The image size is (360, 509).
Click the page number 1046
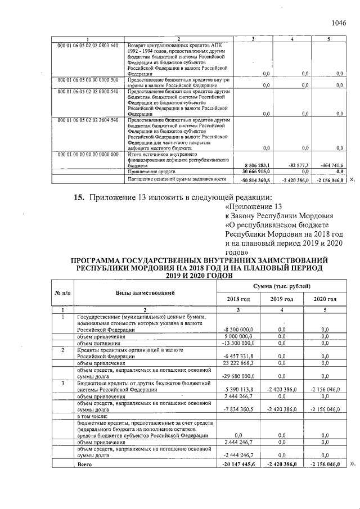click(339, 23)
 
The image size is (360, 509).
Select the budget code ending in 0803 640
click(88, 44)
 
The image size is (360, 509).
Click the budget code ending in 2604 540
click(88, 120)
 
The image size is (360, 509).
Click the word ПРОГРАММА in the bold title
click(99, 259)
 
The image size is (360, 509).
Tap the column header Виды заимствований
click(145, 292)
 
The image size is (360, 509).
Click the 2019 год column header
click(281, 299)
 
